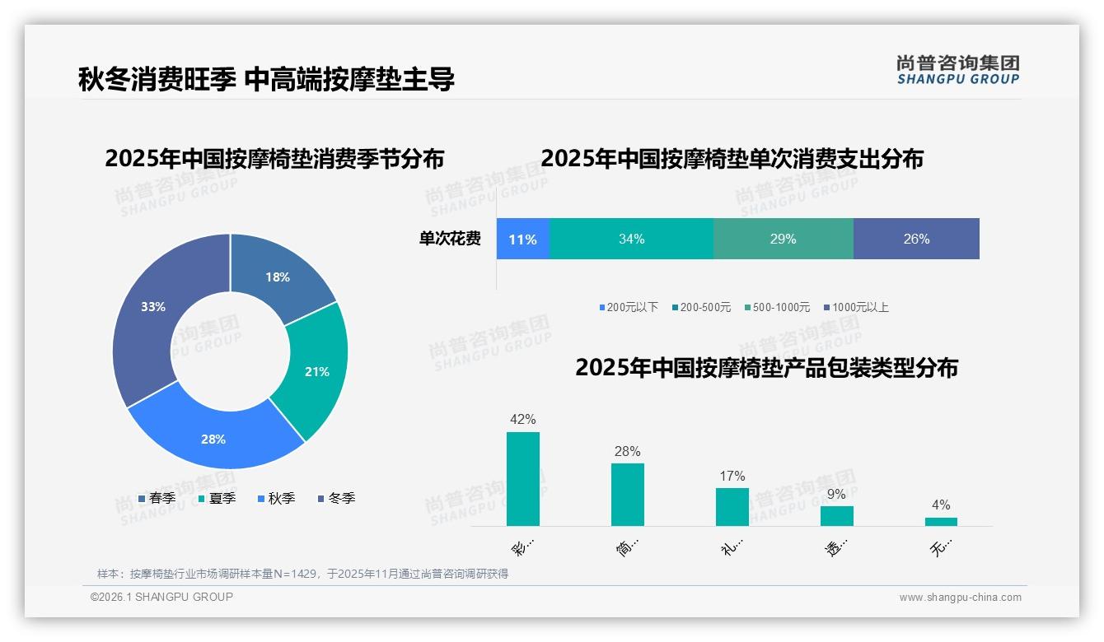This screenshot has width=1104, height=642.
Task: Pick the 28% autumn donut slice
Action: (x=214, y=438)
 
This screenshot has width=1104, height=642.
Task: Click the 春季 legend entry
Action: (x=157, y=498)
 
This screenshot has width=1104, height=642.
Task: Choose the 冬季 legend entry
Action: (x=336, y=498)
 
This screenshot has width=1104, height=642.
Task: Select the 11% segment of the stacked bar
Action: (x=522, y=239)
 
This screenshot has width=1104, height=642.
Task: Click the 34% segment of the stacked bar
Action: (x=631, y=239)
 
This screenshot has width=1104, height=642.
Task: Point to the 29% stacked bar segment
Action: (x=783, y=239)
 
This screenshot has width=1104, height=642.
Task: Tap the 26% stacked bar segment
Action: (x=916, y=239)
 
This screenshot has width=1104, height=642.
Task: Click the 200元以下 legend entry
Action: (x=629, y=307)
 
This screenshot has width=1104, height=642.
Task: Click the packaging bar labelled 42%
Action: (x=523, y=479)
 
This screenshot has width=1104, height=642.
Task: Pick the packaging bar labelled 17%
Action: (x=732, y=506)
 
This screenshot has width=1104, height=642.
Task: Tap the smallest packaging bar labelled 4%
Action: (x=941, y=521)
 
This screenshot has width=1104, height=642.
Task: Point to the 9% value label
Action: (x=836, y=495)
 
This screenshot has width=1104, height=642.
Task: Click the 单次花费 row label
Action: (x=450, y=239)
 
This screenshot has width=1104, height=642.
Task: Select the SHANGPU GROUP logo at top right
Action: (x=957, y=69)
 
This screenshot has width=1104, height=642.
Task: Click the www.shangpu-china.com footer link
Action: (x=960, y=597)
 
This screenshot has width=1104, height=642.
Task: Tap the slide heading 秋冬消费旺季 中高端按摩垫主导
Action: (x=266, y=79)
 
